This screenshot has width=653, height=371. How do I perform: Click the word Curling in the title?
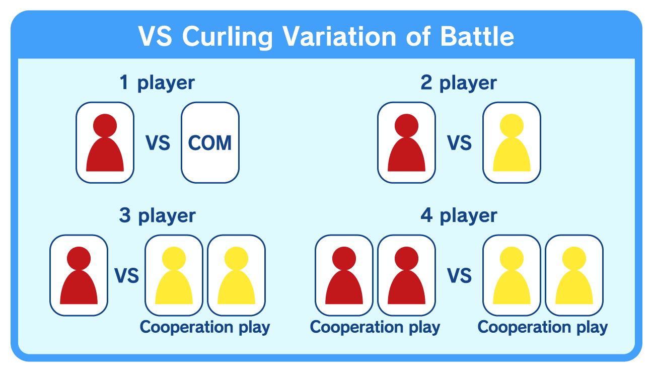(x=228, y=38)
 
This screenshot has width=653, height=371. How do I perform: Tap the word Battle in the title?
(x=477, y=36)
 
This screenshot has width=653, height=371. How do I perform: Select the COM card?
(x=210, y=142)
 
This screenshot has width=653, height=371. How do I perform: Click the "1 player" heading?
(x=157, y=84)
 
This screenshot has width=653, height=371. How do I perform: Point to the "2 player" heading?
(x=459, y=84)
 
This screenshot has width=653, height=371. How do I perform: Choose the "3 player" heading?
(x=158, y=216)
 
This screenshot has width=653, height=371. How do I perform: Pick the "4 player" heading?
(x=459, y=216)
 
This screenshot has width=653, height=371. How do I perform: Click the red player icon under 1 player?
(x=105, y=142)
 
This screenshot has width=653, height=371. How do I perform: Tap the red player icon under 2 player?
(x=406, y=142)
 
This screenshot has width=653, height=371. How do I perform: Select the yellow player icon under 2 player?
(x=512, y=142)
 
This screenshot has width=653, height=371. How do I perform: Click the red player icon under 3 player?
(x=79, y=275)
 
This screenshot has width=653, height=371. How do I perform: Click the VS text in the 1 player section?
(x=158, y=143)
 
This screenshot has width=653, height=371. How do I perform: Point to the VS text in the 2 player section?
(x=459, y=143)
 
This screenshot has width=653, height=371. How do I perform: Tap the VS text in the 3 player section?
(x=126, y=276)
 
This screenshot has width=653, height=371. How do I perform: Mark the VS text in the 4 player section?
(x=459, y=276)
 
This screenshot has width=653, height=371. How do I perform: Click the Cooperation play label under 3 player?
(x=205, y=328)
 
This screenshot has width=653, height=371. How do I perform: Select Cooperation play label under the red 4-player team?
(x=375, y=328)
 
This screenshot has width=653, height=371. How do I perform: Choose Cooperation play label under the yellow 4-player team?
(x=543, y=328)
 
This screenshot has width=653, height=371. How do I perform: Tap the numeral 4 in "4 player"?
(x=426, y=215)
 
